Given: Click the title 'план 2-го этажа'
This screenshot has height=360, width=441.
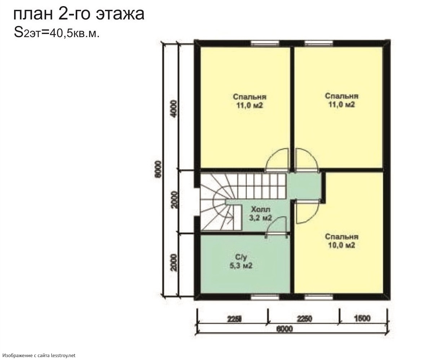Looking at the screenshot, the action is pos(79,14).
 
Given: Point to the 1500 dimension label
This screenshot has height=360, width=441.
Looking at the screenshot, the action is pos(362,318).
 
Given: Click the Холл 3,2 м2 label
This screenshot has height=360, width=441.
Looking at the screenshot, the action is pos(260,214).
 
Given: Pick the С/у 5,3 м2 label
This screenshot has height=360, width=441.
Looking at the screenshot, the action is pos(241,261).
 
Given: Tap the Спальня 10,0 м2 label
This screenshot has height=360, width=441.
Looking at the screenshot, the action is pos(341,241).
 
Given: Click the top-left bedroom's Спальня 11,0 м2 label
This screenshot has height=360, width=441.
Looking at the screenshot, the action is pos(250,101).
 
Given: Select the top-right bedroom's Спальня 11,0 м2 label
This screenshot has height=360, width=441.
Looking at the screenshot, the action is pos(341,100).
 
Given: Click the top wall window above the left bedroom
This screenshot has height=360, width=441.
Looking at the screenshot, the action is pos(265,43).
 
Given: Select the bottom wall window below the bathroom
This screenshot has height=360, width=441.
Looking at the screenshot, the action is pos(265,297).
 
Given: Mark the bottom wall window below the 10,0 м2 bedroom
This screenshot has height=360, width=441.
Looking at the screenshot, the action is pos(319,297).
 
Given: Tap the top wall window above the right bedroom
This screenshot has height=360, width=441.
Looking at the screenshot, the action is pos(319,43).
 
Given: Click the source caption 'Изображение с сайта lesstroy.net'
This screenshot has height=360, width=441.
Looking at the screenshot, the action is pos(39,355).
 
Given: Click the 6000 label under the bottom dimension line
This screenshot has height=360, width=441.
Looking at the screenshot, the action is pos(285,329).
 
